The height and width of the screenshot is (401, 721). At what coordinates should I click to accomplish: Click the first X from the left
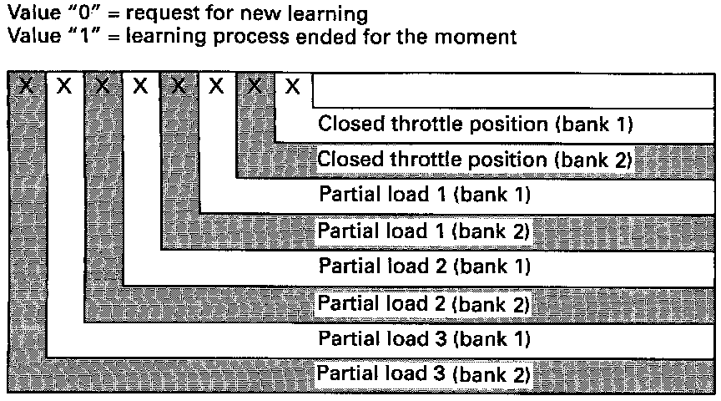[27, 85]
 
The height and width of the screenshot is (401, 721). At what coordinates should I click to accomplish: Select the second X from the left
[64, 85]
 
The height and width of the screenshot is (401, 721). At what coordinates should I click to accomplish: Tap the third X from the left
[103, 85]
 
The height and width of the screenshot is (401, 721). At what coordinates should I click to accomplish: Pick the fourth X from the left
[141, 85]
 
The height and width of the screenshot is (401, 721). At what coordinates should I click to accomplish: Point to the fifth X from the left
[179, 85]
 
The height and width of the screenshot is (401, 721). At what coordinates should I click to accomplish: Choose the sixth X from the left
[216, 85]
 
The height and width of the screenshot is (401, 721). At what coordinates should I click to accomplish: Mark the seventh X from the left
[255, 85]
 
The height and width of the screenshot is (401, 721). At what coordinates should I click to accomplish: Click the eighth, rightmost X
[292, 85]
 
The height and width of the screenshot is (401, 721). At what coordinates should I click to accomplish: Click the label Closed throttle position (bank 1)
[476, 124]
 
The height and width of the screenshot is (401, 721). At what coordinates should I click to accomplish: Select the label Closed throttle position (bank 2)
[476, 159]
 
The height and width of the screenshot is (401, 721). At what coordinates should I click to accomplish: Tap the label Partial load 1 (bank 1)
[425, 195]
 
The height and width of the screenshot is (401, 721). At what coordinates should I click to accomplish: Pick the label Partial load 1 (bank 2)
[425, 231]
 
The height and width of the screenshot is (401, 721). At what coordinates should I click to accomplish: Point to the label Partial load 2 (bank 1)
[425, 266]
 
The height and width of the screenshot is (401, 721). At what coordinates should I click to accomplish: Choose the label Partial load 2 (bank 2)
[425, 303]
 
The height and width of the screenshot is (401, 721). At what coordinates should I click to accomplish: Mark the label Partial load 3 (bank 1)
[425, 339]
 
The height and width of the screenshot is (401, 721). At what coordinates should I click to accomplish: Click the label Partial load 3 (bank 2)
[425, 374]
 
